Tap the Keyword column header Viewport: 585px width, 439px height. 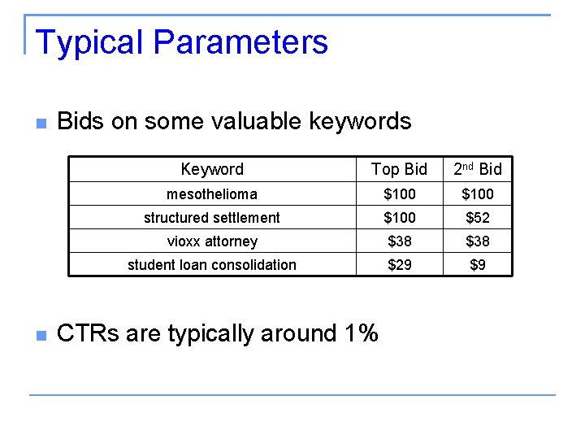[212, 169]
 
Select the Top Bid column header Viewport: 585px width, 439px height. [399, 169]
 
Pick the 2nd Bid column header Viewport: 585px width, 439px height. [478, 169]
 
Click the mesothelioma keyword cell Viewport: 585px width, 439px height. [212, 194]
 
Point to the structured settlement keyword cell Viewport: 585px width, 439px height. [212, 218]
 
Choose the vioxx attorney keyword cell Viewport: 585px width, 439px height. [212, 241]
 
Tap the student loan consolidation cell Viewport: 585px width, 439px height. [212, 265]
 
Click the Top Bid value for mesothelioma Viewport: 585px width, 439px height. [400, 194]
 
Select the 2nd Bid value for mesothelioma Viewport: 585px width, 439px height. [478, 194]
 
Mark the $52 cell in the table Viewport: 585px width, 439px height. [478, 218]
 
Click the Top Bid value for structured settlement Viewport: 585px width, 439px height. [400, 218]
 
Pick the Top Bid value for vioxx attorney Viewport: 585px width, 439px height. [400, 241]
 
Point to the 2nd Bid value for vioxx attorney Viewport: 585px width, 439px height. [478, 241]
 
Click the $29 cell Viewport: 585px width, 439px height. [400, 265]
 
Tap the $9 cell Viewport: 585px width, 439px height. [478, 265]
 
